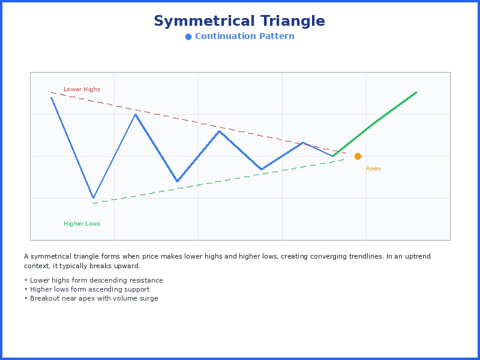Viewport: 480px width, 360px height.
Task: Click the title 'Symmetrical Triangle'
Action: click(239, 22)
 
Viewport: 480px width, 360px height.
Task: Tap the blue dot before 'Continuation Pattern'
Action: click(188, 37)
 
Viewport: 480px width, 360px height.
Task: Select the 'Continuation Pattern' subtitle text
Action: click(244, 37)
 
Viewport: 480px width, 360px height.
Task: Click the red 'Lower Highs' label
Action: click(82, 89)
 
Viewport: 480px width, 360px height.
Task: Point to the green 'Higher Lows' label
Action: click(82, 224)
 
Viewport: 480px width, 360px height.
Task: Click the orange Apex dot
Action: click(358, 156)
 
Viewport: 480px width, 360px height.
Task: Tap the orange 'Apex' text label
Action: click(373, 169)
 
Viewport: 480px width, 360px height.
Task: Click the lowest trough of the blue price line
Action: click(93, 198)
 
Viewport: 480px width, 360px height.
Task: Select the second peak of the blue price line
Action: click(136, 114)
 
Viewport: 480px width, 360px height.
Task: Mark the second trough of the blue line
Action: click(177, 181)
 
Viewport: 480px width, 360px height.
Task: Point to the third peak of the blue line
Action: click(220, 131)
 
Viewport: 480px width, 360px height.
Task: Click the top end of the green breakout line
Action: click(416, 92)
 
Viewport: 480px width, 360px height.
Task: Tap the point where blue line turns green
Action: click(333, 156)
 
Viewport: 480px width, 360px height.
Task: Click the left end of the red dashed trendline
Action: click(52, 92)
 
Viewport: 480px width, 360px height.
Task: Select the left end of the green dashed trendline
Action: click(94, 203)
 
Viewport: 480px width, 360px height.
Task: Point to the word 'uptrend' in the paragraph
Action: click(418, 256)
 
